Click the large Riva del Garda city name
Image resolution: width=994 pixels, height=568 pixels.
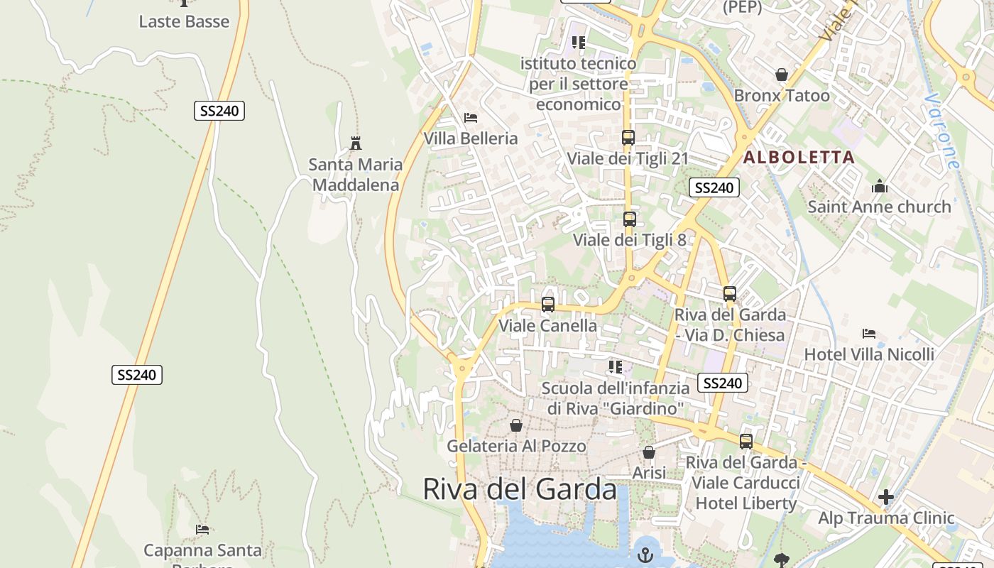pos(520,489)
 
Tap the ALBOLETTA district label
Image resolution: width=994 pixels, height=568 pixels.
pos(799,158)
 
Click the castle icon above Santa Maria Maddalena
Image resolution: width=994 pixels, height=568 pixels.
pos(356,143)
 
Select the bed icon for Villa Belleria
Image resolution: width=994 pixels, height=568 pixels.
pos(470,118)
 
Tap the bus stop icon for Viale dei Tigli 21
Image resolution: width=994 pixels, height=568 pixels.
pos(628,138)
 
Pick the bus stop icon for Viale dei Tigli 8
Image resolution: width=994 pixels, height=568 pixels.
pos(629,219)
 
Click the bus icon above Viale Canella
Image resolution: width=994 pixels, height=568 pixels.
pos(547,305)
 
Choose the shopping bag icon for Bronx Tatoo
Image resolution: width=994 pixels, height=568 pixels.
pos(782,75)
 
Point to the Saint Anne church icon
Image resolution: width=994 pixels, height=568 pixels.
pos(880,187)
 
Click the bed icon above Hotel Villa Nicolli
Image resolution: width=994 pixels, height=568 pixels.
pos(869,333)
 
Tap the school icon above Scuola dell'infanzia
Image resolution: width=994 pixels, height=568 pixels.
pos(615,367)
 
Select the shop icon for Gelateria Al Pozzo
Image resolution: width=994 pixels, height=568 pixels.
pos(516,425)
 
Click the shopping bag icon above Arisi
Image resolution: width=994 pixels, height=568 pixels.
pos(648,452)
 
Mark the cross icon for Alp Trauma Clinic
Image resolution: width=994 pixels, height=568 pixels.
pos(885,497)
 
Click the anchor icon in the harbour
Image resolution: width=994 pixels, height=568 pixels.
pos(645,555)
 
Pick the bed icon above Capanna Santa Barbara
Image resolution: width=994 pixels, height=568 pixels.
pos(202,529)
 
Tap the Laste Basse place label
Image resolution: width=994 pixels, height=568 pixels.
pos(184,21)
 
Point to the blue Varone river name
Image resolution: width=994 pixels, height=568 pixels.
pos(944,131)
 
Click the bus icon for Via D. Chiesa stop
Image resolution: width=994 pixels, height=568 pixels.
pos(729,294)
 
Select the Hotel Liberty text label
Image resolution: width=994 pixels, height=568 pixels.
pos(745,503)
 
